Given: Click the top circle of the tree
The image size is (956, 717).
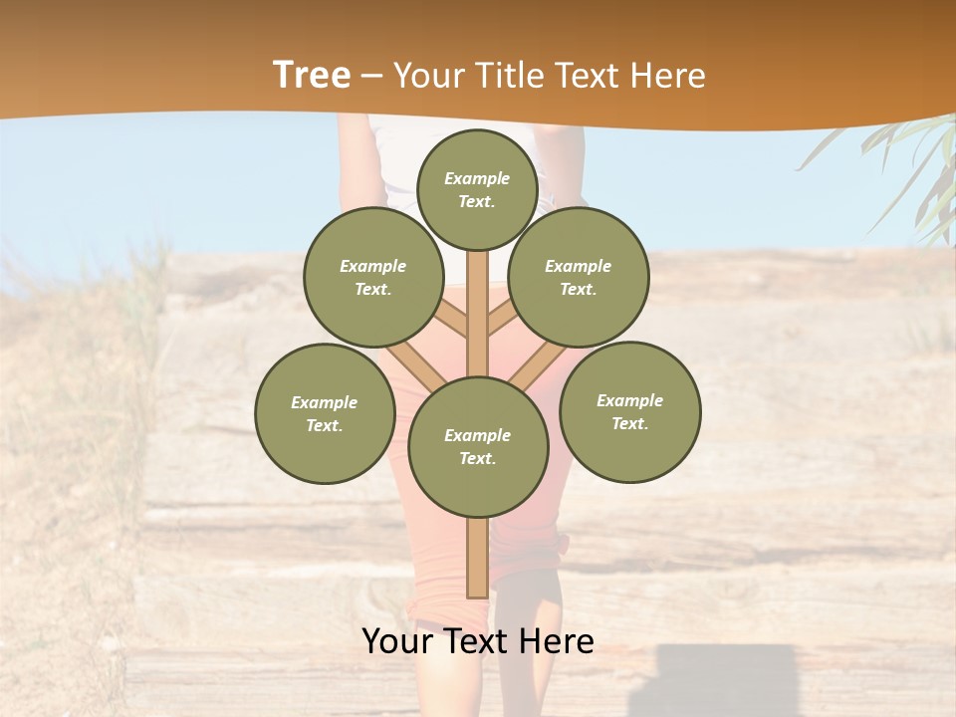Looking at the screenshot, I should click(477, 189).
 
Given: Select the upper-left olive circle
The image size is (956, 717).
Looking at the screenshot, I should click(373, 277).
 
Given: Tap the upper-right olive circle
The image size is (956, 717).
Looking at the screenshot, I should click(579, 277).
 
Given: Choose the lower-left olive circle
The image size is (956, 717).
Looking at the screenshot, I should click(325, 413).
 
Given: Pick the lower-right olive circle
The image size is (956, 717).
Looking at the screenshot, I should click(629, 411).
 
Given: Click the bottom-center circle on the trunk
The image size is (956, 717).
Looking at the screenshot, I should click(478, 447).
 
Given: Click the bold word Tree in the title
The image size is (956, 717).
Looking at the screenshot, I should click(312, 76).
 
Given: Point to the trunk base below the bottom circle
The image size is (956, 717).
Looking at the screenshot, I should click(477, 558).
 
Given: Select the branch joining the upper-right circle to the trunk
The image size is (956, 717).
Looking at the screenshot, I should click(505, 317).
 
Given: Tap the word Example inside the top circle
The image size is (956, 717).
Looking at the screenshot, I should click(477, 179).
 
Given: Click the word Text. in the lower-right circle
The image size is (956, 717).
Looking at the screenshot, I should click(629, 423).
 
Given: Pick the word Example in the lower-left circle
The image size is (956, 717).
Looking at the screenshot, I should click(324, 403).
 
